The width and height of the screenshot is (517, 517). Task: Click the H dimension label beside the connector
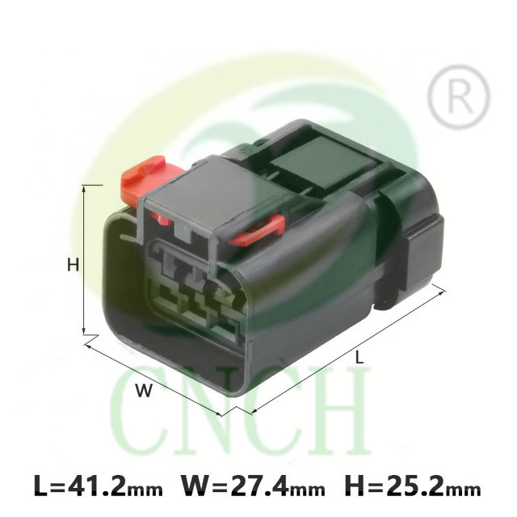click(74, 265)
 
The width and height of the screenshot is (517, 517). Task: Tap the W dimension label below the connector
click(145, 390)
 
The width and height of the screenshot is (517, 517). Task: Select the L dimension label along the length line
click(359, 357)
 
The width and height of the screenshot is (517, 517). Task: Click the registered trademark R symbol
click(459, 96)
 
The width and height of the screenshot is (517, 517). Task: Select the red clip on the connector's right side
click(257, 230)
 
